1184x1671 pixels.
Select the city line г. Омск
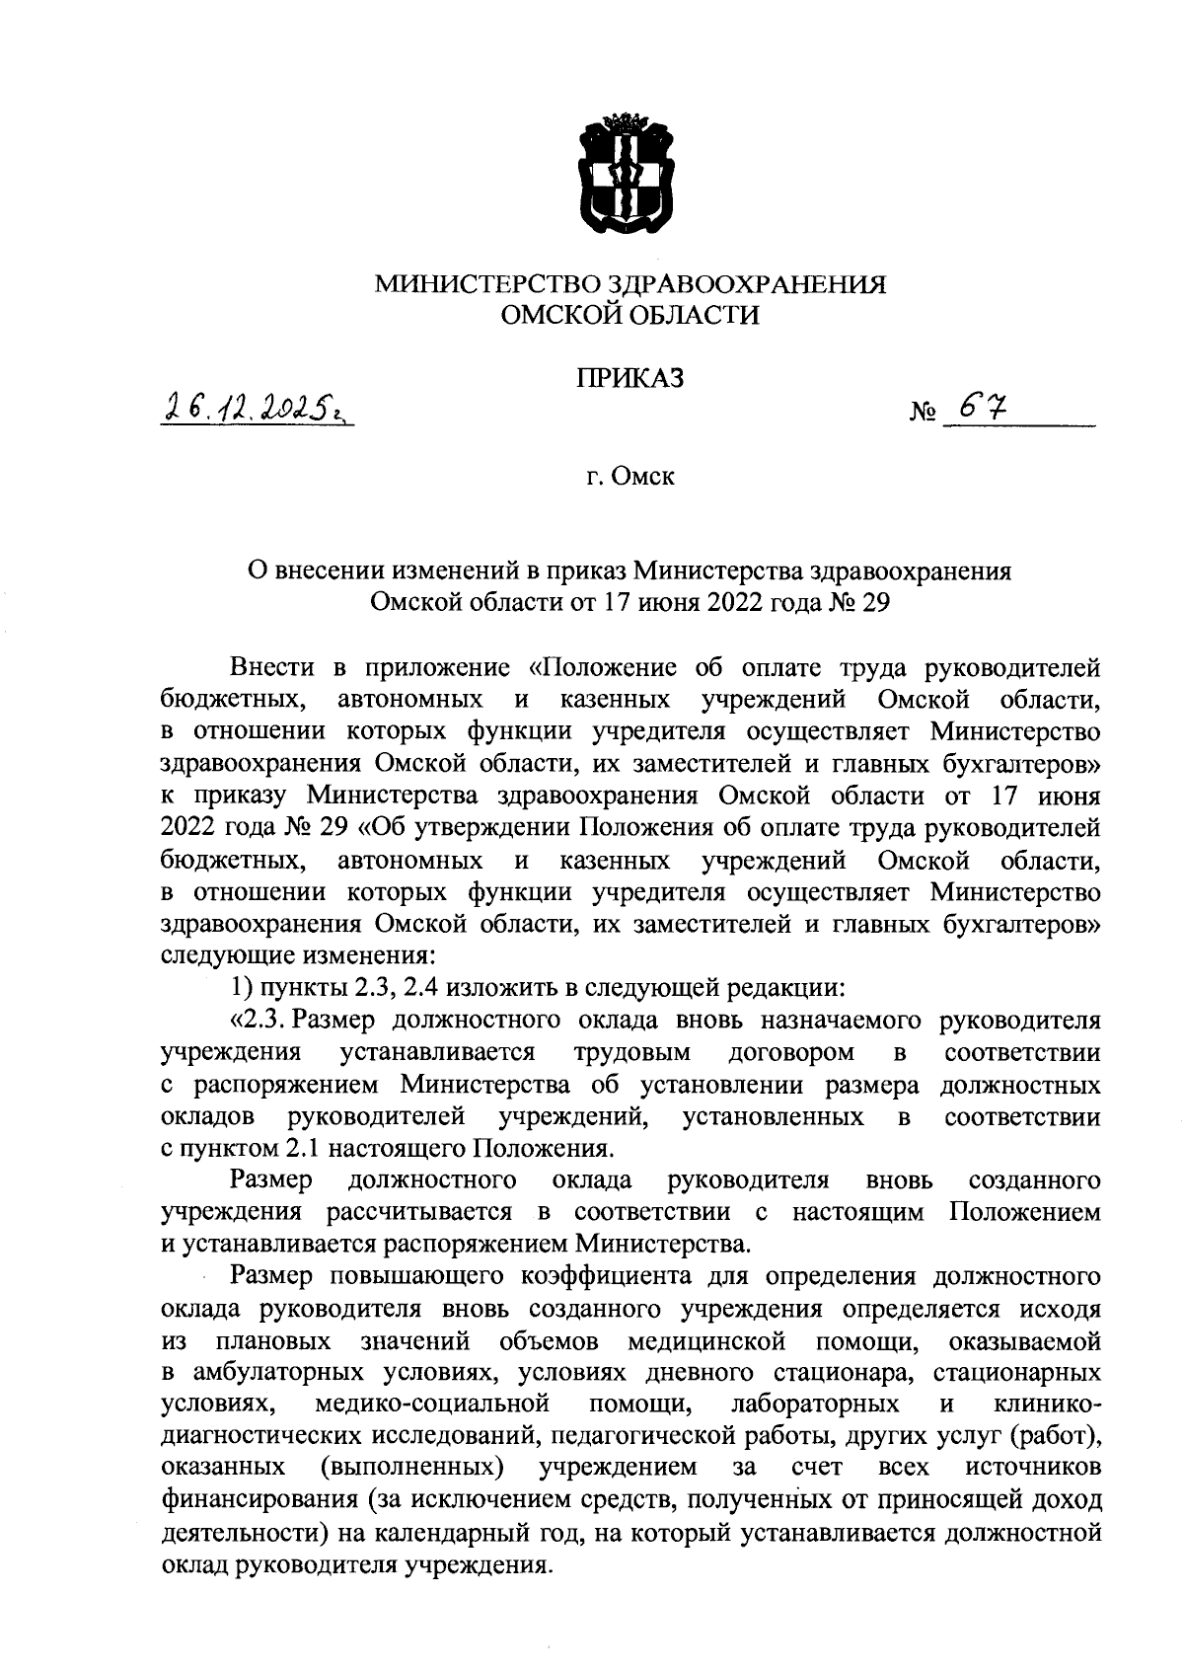[x=629, y=479]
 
